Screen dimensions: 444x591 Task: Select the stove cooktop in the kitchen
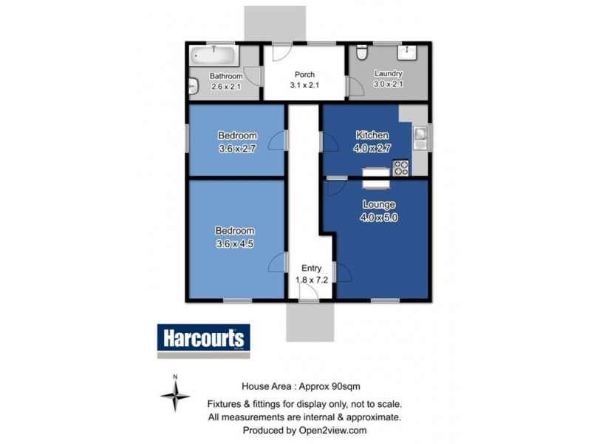(400, 168)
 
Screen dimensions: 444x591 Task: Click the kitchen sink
(420, 135)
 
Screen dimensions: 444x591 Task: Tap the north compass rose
(175, 398)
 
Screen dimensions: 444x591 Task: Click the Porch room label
(304, 74)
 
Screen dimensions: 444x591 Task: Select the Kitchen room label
(372, 135)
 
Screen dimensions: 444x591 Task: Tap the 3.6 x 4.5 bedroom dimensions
(236, 243)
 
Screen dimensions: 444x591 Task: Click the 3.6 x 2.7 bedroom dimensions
(237, 148)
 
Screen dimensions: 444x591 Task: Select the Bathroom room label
(225, 75)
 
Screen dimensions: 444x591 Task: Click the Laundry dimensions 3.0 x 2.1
(388, 84)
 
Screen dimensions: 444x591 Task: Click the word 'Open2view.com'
(334, 430)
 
